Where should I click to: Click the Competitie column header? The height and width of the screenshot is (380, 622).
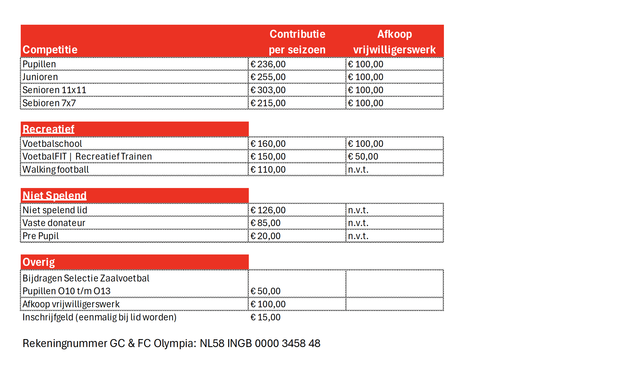click(x=50, y=50)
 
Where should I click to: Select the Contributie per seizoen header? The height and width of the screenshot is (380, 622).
click(x=297, y=42)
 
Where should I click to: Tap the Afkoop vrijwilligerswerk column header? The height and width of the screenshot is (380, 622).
click(x=394, y=42)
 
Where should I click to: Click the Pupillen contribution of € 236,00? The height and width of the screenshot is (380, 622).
click(x=268, y=64)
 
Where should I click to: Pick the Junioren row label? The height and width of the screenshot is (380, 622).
click(x=40, y=77)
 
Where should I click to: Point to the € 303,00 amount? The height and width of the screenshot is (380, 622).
click(x=268, y=90)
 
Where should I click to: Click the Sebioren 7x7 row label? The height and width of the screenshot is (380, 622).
click(x=49, y=103)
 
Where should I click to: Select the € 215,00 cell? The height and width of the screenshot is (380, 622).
click(x=268, y=103)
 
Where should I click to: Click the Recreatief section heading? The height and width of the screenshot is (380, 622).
click(x=49, y=129)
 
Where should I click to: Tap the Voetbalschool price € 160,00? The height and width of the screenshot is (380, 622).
click(x=268, y=144)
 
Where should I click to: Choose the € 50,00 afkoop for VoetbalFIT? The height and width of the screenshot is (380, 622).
click(x=363, y=156)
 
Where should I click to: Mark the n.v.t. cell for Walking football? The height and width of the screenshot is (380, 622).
click(x=358, y=170)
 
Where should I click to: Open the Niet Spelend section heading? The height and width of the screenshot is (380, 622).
click(x=55, y=196)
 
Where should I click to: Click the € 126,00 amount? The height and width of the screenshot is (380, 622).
click(x=268, y=210)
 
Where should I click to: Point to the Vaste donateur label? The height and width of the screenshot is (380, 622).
click(x=54, y=223)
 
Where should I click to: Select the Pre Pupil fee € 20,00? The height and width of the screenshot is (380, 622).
click(x=265, y=236)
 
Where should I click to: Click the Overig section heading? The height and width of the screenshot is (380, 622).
click(x=39, y=262)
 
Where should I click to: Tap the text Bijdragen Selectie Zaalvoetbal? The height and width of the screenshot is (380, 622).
click(x=86, y=278)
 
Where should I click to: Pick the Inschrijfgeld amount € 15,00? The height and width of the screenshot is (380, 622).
click(x=265, y=317)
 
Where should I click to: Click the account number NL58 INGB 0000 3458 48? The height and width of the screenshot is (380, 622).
click(x=260, y=343)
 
